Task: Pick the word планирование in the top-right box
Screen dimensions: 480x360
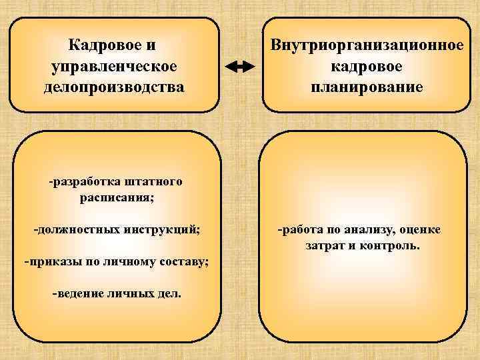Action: tap(366, 87)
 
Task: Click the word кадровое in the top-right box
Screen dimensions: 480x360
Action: tap(366, 67)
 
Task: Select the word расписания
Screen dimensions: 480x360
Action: tap(116, 197)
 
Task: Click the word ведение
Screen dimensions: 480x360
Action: tap(75, 293)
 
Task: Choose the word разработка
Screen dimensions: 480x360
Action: tap(80, 181)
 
